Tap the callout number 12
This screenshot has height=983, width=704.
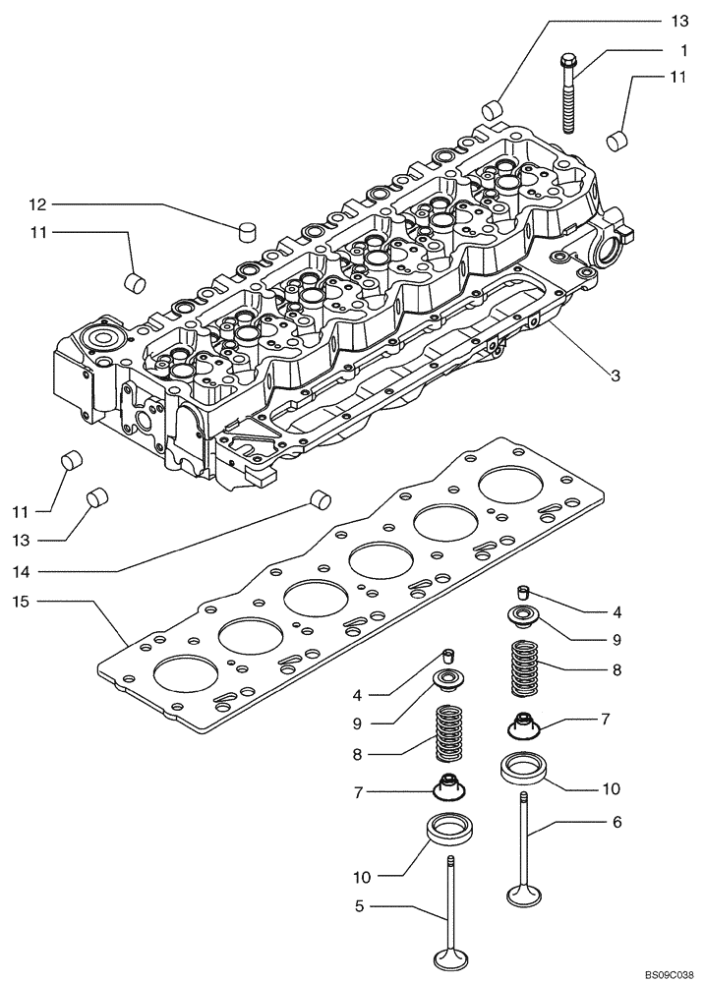[37, 204]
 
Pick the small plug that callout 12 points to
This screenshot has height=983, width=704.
[249, 232]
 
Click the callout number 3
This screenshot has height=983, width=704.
[615, 374]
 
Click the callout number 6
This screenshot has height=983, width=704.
[617, 823]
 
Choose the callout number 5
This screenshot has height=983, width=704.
[360, 906]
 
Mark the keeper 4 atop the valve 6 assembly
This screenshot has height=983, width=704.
[523, 591]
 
